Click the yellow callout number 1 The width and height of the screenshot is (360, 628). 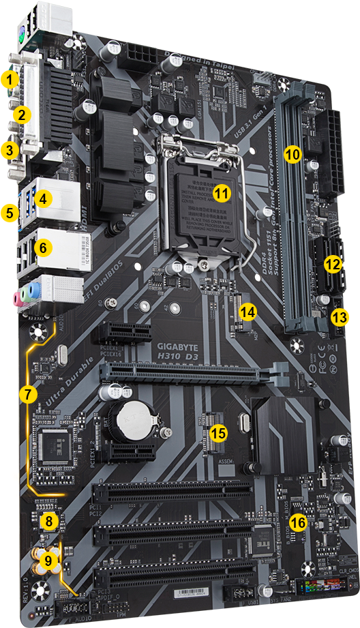pos(10,80)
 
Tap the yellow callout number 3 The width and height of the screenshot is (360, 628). pos(10,149)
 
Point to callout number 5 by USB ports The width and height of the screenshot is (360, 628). pos(10,212)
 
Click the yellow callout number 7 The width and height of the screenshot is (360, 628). pos(27,393)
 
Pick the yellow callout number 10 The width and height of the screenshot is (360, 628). pos(292,154)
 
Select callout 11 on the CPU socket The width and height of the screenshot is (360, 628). pos(220,193)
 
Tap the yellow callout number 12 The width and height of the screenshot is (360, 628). pos(332,264)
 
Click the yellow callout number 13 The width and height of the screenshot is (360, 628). pos(339,316)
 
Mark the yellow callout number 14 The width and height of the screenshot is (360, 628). pos(247,312)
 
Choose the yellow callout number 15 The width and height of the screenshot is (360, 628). pos(218,432)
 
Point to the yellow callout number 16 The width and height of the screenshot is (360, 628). pos(297,522)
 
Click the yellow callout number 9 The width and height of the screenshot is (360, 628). pos(48,560)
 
